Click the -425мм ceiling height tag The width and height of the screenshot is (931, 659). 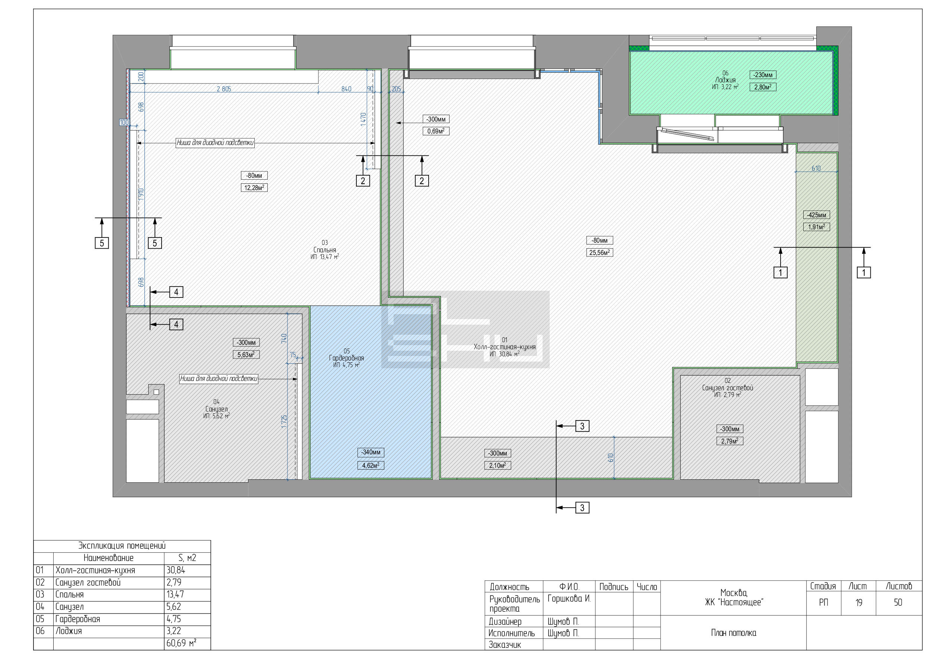[x=816, y=215]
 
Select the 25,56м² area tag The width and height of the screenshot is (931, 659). [x=599, y=252]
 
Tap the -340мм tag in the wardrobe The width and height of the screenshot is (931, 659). [x=371, y=452]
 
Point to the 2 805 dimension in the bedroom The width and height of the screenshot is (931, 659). [x=224, y=89]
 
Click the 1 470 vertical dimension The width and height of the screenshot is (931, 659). [x=363, y=119]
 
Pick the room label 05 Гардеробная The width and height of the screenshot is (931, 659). [x=346, y=358]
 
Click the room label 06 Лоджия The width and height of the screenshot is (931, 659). [x=725, y=80]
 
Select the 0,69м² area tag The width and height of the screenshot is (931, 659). [x=436, y=131]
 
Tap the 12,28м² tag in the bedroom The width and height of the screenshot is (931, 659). [x=254, y=187]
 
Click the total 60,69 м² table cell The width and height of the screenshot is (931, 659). [x=181, y=643]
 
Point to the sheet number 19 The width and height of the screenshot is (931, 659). [x=859, y=603]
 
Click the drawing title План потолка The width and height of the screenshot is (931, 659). [x=734, y=633]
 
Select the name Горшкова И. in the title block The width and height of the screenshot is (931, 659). [x=569, y=599]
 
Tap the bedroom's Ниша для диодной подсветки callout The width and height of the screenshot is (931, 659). [x=215, y=142]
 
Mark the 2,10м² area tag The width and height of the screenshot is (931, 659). [x=498, y=466]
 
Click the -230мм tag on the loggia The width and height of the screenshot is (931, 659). [x=763, y=75]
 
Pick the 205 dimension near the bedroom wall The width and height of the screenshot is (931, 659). [x=396, y=89]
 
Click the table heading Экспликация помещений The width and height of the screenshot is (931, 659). [x=122, y=546]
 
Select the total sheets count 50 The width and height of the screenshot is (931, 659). [x=898, y=603]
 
